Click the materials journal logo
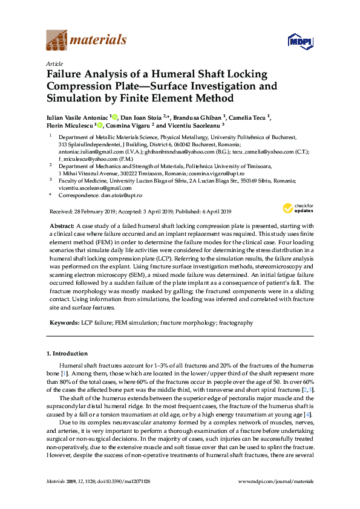tap(87, 40)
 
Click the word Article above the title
tap(54, 63)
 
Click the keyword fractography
tap(236, 323)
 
